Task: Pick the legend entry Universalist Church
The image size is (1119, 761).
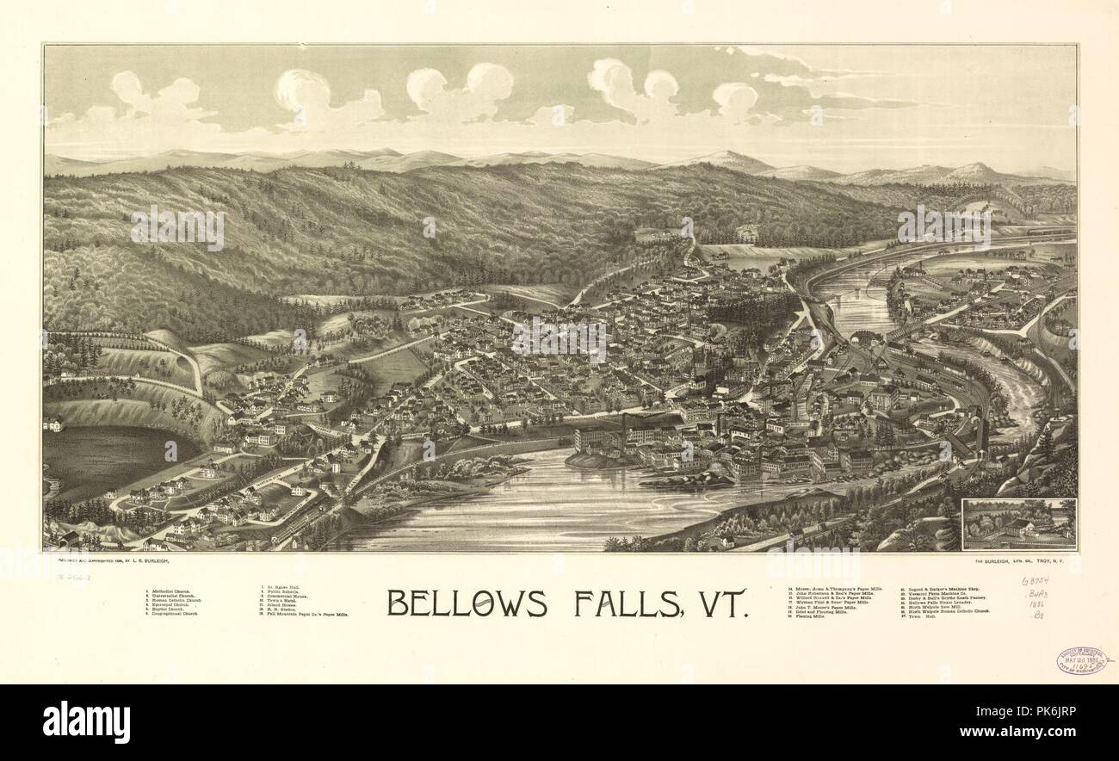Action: [x=172, y=597]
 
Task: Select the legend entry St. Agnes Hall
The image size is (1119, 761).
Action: [x=284, y=588]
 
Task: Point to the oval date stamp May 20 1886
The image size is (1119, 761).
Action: [x=1081, y=660]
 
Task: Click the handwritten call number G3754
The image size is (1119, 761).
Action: [x=1036, y=582]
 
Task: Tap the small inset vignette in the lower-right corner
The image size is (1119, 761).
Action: [x=1019, y=523]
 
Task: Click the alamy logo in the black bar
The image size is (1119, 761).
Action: [x=86, y=721]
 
